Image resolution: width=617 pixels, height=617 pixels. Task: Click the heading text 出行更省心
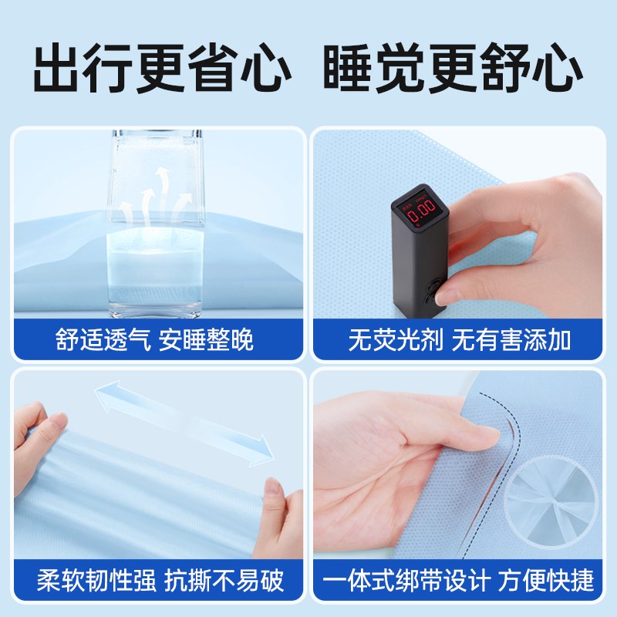coord(162,69)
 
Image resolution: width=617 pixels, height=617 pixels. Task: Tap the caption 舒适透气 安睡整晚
coord(154,340)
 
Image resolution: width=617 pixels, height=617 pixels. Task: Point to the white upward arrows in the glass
coord(158,189)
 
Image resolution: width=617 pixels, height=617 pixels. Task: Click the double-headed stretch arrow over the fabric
coord(184,423)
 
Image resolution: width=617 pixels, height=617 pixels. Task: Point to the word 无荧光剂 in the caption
coord(393,340)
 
